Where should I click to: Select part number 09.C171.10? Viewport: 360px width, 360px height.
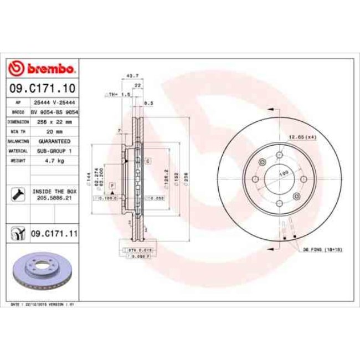click(42, 88)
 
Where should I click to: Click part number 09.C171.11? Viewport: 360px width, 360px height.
click(53, 234)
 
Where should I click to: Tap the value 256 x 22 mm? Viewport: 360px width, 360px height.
click(54, 121)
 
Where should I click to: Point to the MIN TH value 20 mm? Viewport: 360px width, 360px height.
click(54, 131)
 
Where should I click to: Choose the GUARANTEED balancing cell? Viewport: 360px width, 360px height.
click(54, 141)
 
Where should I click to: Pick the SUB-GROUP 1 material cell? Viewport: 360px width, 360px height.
click(54, 151)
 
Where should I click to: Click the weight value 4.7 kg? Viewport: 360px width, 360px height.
click(54, 161)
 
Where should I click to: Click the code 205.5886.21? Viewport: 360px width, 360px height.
click(54, 197)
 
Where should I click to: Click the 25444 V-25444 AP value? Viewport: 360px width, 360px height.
click(54, 103)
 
